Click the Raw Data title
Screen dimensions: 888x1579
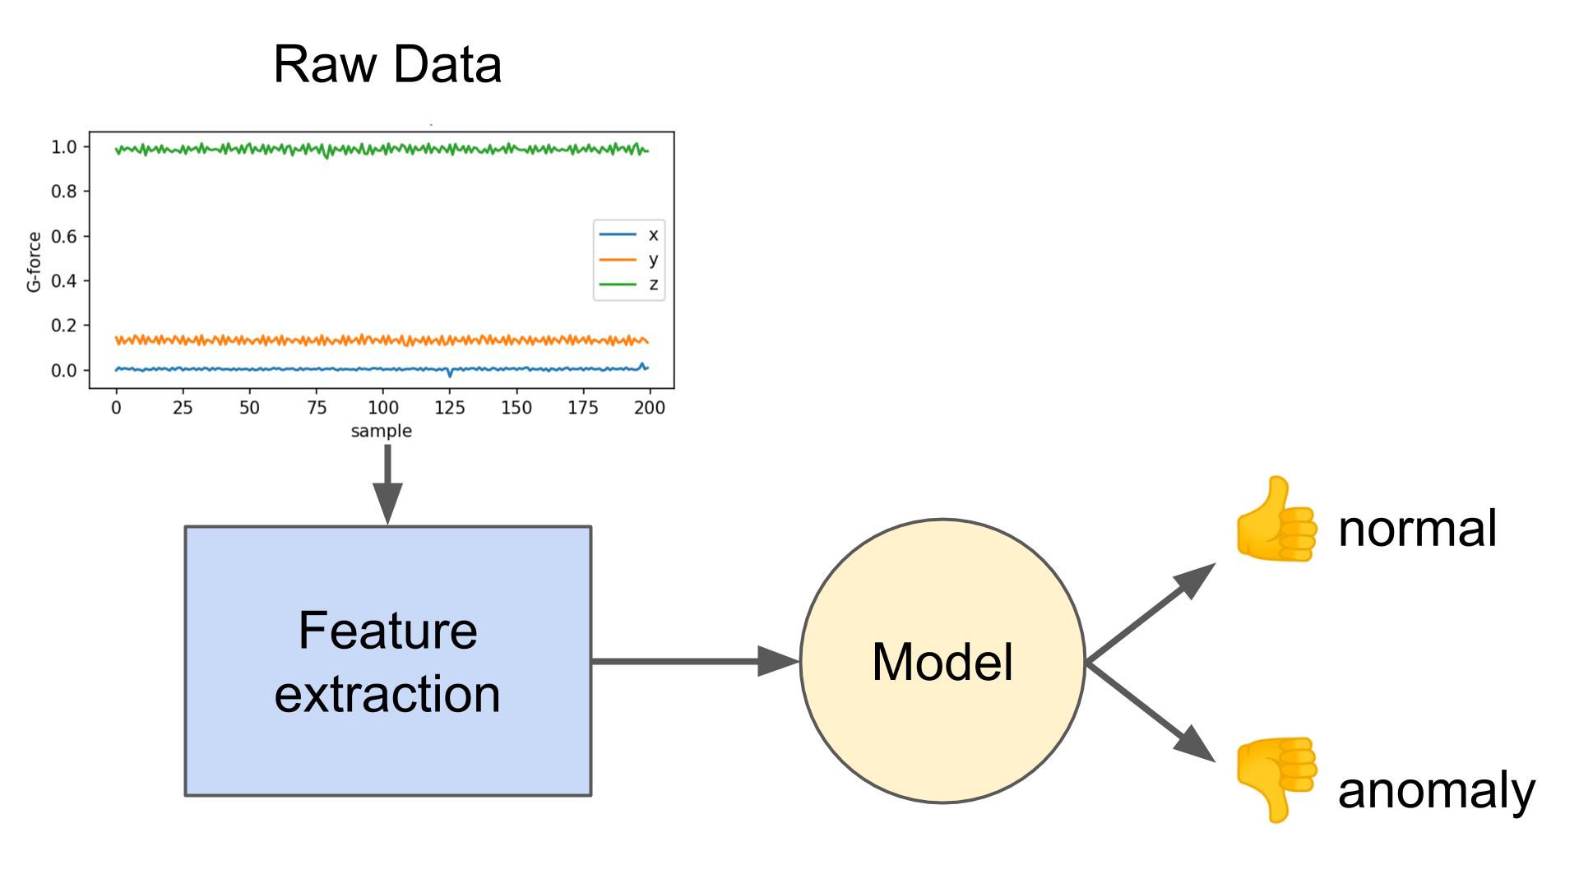387,64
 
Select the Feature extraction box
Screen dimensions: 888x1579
387,661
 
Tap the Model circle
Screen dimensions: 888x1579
942,661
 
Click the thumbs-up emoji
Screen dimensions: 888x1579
1275,520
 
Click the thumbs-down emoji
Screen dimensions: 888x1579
1275,779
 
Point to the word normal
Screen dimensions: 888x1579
1417,528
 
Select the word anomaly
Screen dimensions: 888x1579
1436,790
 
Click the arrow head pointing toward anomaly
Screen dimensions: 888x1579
1197,745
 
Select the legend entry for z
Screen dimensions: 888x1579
629,284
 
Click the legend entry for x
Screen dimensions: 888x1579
629,235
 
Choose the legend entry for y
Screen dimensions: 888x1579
629,260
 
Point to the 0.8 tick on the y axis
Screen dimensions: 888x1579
63,192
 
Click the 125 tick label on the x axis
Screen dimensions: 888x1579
450,408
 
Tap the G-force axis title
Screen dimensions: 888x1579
34,261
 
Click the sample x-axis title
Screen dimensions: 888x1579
381,431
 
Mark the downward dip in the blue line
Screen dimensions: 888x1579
450,375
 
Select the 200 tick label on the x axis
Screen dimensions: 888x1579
649,408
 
